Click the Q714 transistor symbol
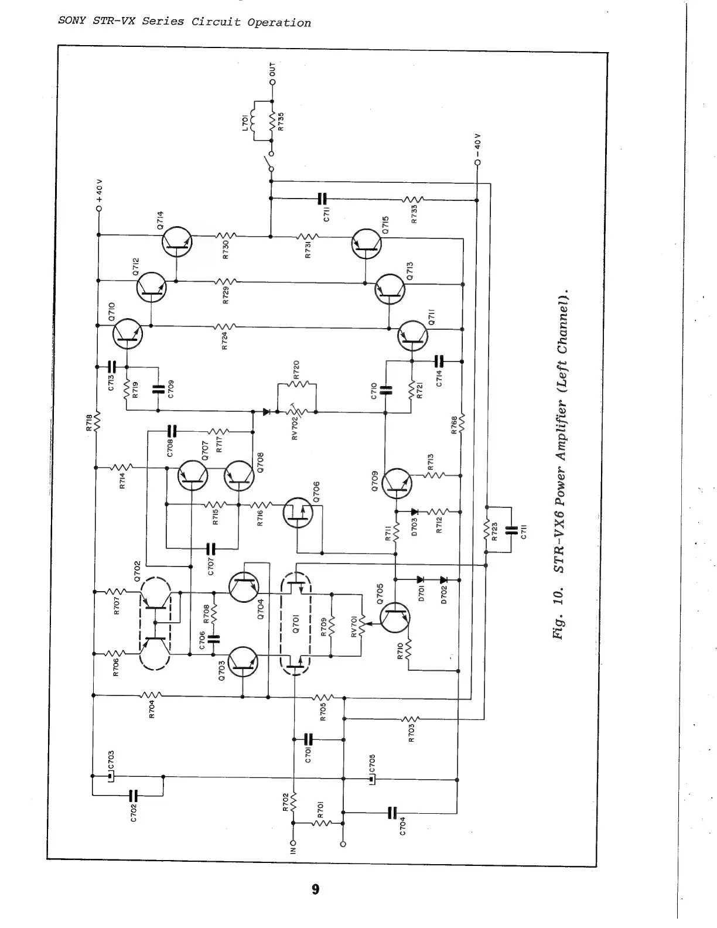pos(177,242)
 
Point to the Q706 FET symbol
pos(298,513)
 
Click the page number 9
pos(316,889)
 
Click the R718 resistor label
pos(89,422)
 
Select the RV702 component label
pos(295,426)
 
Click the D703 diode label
pos(415,523)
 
